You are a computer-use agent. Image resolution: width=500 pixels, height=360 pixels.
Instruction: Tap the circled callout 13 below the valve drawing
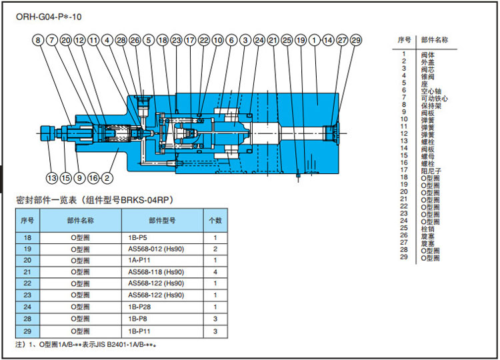(x=51, y=177)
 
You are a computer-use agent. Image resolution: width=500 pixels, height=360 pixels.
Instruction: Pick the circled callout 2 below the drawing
(x=107, y=177)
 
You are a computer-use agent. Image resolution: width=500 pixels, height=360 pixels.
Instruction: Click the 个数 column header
(x=215, y=219)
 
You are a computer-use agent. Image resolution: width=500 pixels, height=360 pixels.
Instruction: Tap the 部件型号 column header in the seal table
(x=162, y=219)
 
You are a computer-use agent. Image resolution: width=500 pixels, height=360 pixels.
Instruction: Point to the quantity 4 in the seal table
(x=215, y=272)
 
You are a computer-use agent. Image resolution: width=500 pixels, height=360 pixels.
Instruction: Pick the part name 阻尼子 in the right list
(x=430, y=171)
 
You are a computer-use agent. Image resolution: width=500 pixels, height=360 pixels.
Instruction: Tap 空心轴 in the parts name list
(x=430, y=91)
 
